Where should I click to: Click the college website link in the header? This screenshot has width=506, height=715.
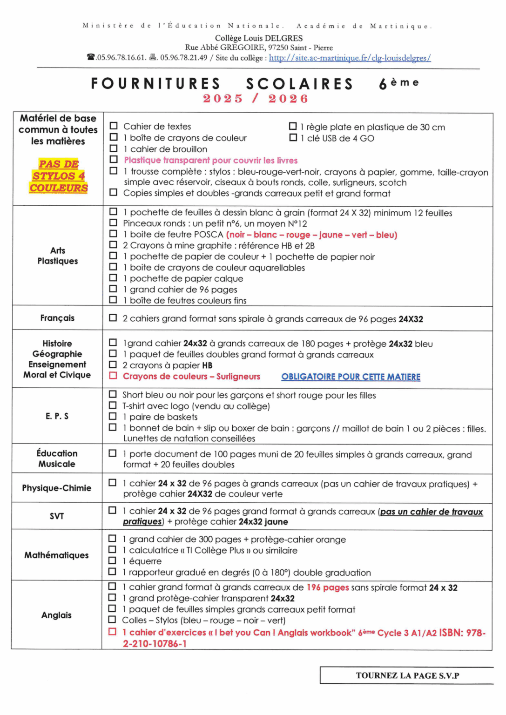click(x=350, y=58)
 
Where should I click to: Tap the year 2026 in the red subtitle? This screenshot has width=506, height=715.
click(x=288, y=99)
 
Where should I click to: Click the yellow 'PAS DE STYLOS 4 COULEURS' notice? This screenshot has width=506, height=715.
click(x=59, y=176)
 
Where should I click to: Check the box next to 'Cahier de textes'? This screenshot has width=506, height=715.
click(x=114, y=126)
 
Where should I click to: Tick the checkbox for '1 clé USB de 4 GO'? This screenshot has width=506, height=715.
click(x=293, y=137)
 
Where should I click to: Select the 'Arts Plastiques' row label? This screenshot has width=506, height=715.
click(x=58, y=256)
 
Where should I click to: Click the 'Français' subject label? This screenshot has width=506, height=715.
click(x=57, y=318)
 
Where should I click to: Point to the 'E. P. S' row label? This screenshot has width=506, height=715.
click(x=57, y=416)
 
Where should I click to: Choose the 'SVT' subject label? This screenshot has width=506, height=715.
click(x=57, y=516)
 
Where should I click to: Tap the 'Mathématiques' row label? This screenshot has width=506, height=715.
click(x=56, y=555)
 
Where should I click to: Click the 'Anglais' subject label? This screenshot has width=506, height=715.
click(x=56, y=615)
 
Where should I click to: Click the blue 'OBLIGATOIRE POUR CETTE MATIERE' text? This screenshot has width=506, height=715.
click(x=351, y=377)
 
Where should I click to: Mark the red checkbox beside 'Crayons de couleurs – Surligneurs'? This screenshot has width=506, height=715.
click(x=113, y=376)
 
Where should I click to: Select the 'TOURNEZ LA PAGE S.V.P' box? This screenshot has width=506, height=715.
click(x=407, y=675)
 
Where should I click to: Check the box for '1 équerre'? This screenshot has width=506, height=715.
click(x=112, y=560)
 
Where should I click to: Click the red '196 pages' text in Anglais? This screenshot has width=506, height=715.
click(x=328, y=587)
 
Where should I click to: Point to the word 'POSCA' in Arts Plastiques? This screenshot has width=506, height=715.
click(x=208, y=235)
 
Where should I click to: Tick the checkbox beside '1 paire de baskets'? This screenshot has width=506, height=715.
click(x=113, y=416)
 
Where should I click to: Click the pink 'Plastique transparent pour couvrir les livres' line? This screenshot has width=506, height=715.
click(x=210, y=160)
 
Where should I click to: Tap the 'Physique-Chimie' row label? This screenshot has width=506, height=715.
click(x=57, y=488)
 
